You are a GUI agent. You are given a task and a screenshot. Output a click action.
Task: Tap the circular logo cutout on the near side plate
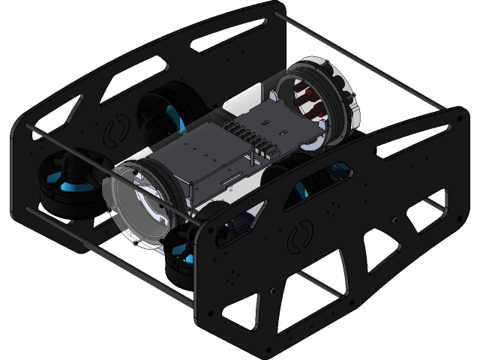pyautogui.click(x=300, y=238)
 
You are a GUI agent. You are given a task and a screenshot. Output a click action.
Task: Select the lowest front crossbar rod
pyautogui.click(x=150, y=277)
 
